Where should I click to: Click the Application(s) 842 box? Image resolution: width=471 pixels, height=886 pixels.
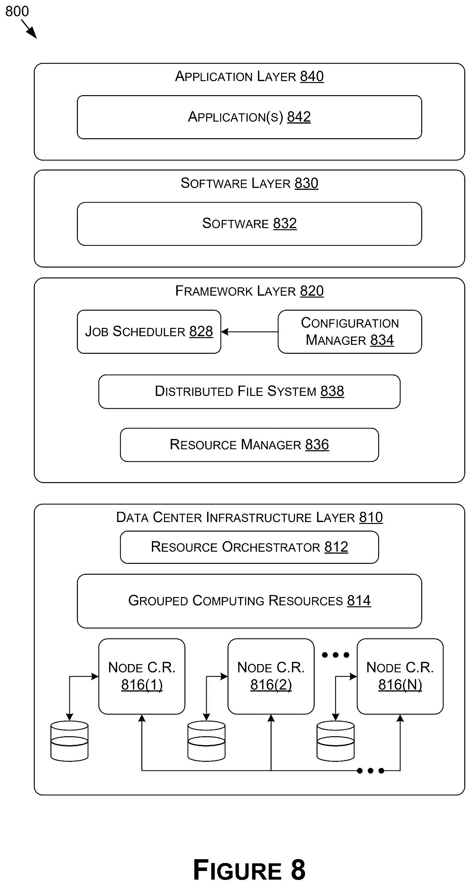coord(249,117)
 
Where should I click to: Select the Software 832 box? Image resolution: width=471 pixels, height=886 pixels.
coord(249,224)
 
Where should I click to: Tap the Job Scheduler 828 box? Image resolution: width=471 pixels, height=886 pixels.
coord(149,331)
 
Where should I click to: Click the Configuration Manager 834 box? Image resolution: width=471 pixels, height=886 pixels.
coord(350,331)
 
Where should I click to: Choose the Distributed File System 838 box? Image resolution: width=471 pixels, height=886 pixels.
coord(249,392)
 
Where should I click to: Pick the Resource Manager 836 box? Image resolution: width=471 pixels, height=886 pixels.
coord(249,445)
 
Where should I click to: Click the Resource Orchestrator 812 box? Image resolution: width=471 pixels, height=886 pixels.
coord(249,547)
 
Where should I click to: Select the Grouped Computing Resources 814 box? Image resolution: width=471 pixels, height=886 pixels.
coord(249,601)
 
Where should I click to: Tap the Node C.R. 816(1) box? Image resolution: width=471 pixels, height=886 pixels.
coord(142,677)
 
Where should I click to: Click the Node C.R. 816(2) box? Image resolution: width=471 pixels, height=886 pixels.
coord(271,677)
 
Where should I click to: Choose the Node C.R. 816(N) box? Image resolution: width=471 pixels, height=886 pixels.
coord(400,677)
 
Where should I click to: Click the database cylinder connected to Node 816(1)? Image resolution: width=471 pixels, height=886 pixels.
coord(70,741)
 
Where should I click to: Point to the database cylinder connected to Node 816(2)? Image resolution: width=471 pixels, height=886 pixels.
coord(206,741)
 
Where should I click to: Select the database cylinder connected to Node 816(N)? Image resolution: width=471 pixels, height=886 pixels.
coord(336,741)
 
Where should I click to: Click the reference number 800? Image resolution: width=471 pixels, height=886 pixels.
coord(17,12)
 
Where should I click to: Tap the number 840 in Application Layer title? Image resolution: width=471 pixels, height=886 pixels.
coord(312,76)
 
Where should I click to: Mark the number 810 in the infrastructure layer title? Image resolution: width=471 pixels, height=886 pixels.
coord(371,517)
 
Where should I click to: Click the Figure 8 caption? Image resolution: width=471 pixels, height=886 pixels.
coord(249,869)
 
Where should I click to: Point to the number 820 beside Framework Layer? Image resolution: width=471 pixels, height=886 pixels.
coord(312,291)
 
